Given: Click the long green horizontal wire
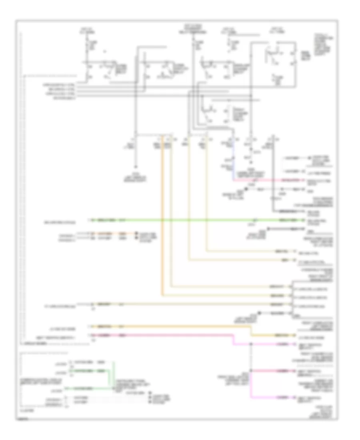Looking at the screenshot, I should (x=180, y=220).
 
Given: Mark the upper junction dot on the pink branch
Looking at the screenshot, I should (x=251, y=344).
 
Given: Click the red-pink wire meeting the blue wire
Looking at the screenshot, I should (x=272, y=180).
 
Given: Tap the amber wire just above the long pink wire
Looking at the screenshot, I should (x=168, y=326).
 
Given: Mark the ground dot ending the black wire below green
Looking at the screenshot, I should (x=268, y=228).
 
